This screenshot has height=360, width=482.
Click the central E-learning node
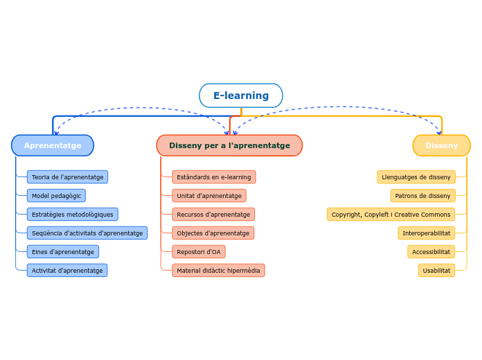click(x=241, y=96)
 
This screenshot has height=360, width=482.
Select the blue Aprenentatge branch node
click(x=53, y=145)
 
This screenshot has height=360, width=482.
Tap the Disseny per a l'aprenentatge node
click(x=229, y=145)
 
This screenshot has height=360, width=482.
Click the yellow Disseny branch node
click(x=441, y=145)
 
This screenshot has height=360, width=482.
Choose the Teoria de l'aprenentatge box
click(x=67, y=177)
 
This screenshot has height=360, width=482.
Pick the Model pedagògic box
click(x=56, y=196)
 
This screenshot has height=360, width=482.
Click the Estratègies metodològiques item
click(x=72, y=215)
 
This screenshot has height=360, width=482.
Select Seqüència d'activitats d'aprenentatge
click(x=87, y=233)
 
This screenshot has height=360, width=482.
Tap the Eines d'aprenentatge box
click(x=62, y=252)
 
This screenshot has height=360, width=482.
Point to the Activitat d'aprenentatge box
click(x=66, y=271)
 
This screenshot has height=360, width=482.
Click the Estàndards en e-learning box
click(x=213, y=177)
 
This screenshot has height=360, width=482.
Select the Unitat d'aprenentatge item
click(x=208, y=196)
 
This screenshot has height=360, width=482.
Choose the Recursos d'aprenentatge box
click(x=213, y=215)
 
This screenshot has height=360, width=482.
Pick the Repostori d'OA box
click(x=198, y=252)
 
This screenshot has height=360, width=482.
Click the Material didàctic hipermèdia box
click(x=218, y=271)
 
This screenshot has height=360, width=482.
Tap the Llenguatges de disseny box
click(x=416, y=177)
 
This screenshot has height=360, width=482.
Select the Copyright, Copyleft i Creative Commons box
click(x=391, y=215)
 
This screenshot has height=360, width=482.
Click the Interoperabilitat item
click(x=426, y=233)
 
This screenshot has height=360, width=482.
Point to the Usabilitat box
click(x=436, y=271)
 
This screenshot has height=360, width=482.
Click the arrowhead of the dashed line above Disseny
click(x=439, y=133)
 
